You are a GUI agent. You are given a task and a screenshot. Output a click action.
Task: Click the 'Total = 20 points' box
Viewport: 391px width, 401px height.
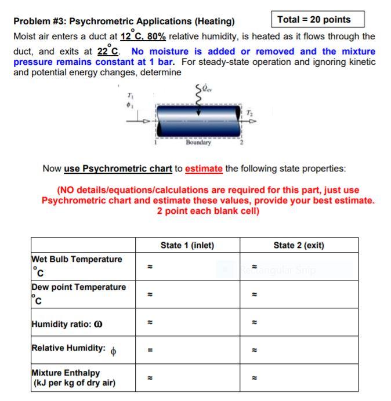tap(318, 20)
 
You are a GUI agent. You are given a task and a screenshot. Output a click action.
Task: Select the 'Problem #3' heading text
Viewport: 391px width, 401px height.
tap(124, 22)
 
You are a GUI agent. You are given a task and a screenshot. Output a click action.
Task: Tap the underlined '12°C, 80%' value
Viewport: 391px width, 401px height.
tap(143, 37)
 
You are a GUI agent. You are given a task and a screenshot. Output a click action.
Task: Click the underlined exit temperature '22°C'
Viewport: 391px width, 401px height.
tap(110, 51)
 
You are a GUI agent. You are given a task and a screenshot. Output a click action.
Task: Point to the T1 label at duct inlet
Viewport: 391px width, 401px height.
tap(130, 96)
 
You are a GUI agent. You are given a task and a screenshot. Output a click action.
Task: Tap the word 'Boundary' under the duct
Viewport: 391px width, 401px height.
tap(198, 142)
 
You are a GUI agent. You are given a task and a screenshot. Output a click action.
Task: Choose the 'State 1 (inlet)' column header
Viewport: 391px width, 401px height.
tap(187, 245)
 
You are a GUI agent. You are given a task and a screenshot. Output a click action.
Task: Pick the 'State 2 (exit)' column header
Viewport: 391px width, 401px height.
tap(298, 245)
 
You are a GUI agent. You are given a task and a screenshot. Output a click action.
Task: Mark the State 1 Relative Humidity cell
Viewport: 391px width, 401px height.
tap(187, 349)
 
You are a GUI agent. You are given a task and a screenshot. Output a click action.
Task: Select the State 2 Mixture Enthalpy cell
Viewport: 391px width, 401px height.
tap(298, 377)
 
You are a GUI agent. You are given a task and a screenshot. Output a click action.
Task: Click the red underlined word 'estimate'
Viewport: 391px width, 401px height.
tap(204, 169)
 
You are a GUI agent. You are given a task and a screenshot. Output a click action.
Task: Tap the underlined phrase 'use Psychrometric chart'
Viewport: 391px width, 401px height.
tap(118, 169)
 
